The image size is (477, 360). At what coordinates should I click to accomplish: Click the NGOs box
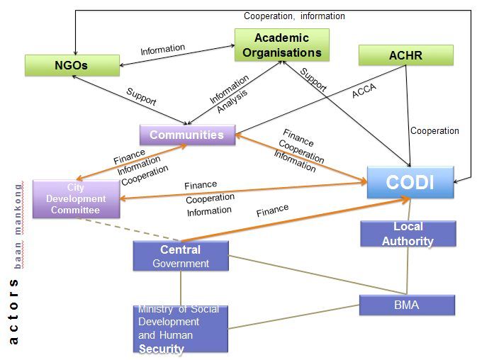(x=72, y=65)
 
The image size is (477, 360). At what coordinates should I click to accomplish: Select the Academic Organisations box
(x=281, y=45)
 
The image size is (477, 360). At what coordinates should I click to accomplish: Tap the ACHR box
(x=406, y=55)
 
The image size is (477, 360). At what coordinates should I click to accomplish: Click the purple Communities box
(x=187, y=135)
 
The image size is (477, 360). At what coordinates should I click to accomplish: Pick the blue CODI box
(x=410, y=182)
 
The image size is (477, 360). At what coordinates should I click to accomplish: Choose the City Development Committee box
(x=76, y=199)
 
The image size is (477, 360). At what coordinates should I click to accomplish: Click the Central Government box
(x=181, y=256)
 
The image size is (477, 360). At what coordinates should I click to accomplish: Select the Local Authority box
(x=408, y=234)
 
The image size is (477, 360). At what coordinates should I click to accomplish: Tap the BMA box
(x=407, y=305)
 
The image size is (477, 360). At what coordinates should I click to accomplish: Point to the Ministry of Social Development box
(x=181, y=329)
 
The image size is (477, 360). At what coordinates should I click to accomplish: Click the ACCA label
(x=364, y=91)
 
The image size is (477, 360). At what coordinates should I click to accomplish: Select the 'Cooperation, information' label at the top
(x=294, y=16)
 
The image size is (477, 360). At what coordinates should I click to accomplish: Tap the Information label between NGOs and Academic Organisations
(x=163, y=50)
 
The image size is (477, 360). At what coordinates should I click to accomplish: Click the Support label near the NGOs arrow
(x=141, y=96)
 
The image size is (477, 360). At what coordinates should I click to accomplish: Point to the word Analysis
(x=232, y=101)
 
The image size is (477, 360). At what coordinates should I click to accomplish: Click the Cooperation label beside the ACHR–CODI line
(x=434, y=130)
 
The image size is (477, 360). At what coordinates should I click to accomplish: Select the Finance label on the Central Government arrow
(x=272, y=210)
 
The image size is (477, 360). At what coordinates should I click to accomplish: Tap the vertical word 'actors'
(x=13, y=311)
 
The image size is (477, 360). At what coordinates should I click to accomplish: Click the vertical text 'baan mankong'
(x=18, y=225)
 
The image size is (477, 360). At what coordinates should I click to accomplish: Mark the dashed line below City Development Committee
(x=127, y=229)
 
